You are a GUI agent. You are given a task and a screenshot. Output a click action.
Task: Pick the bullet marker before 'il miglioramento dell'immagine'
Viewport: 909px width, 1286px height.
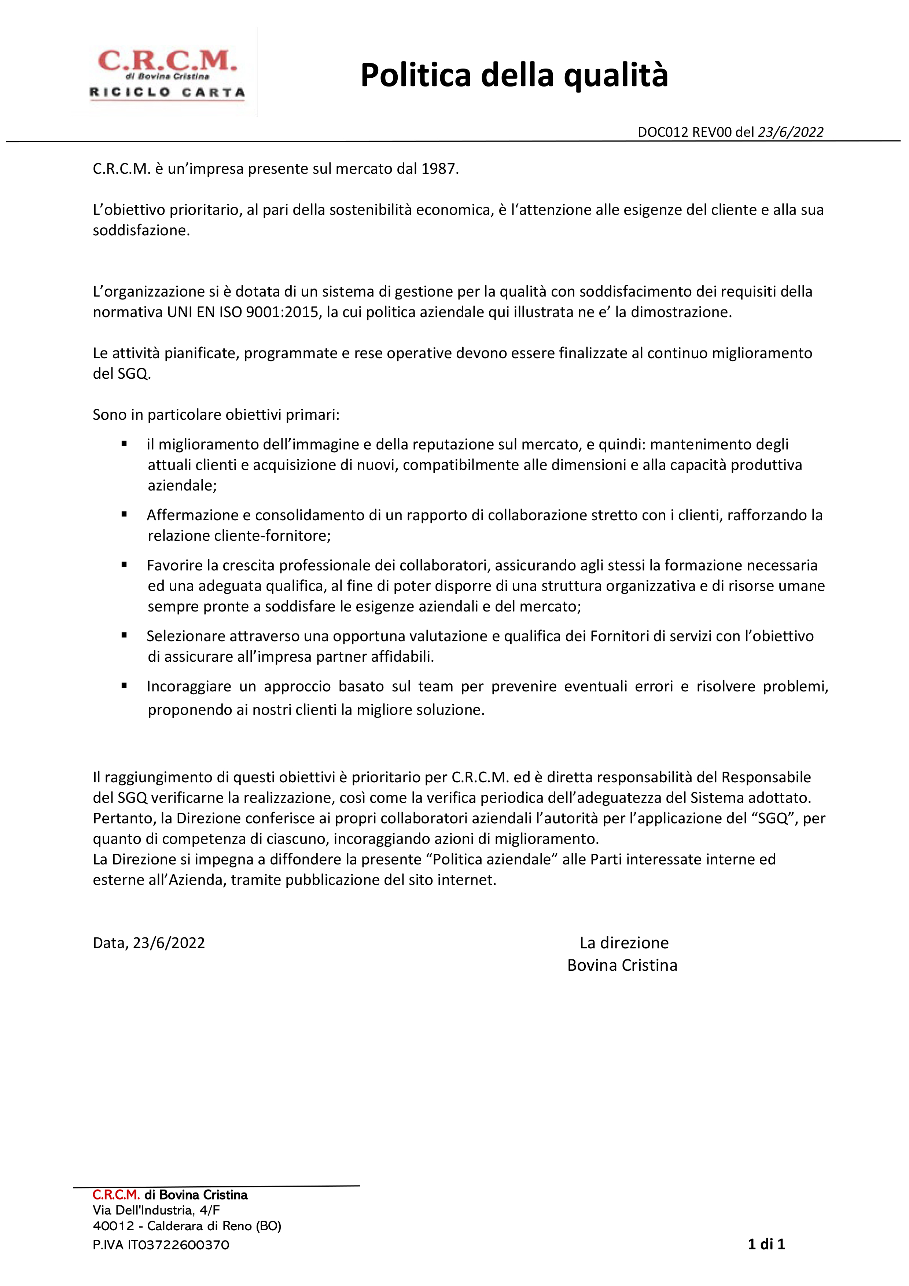[x=124, y=444]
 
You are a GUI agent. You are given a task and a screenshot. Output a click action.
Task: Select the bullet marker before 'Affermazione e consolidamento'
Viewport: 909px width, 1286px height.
[x=124, y=514]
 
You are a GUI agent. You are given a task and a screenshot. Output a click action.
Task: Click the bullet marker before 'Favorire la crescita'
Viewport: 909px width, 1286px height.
[x=124, y=565]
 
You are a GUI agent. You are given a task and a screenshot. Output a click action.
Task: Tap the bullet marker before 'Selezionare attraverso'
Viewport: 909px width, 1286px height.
[x=124, y=635]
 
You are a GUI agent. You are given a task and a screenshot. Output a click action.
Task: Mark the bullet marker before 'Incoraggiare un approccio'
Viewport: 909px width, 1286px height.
[x=124, y=686]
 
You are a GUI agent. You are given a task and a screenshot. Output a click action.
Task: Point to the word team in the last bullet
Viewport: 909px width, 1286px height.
[x=435, y=686]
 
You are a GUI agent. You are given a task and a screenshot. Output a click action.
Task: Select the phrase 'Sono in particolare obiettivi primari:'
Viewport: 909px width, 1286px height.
[x=216, y=415]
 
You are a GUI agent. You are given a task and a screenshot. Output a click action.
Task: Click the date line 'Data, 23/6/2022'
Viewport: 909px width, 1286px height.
[x=149, y=943]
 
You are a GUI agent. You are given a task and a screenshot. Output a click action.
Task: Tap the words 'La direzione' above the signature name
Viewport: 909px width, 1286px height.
[x=624, y=943]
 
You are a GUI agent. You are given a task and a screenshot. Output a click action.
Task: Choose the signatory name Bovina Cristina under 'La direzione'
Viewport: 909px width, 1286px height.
[x=622, y=965]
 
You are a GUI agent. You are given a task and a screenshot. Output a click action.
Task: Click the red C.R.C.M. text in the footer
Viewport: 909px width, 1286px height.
[x=116, y=1195]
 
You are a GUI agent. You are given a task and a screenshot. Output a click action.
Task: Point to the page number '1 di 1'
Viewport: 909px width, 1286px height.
[x=766, y=1244]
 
